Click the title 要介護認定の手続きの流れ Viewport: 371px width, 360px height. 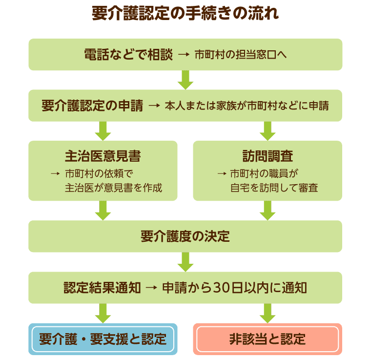[x=185, y=13]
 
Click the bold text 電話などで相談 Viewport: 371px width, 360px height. [x=128, y=55]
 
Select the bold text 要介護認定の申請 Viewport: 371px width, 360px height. [x=92, y=106]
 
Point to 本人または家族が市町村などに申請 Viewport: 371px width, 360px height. [x=247, y=106]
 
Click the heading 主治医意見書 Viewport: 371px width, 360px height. [x=103, y=156]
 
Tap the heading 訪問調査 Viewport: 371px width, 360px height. [x=268, y=156]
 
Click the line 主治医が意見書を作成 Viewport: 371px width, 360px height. [x=113, y=188]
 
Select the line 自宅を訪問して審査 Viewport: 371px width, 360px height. [x=274, y=188]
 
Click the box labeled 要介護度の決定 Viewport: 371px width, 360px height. [x=185, y=236]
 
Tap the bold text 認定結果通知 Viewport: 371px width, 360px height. [x=102, y=288]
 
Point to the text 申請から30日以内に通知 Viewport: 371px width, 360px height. [x=234, y=288]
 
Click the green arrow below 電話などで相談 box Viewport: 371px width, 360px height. [x=185, y=80]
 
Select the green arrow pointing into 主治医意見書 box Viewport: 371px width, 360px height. [x=103, y=130]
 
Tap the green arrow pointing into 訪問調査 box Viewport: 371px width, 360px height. [x=268, y=130]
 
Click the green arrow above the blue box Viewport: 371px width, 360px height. [x=103, y=313]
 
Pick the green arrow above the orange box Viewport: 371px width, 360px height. [x=268, y=313]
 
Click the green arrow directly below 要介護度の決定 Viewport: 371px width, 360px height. [x=185, y=261]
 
